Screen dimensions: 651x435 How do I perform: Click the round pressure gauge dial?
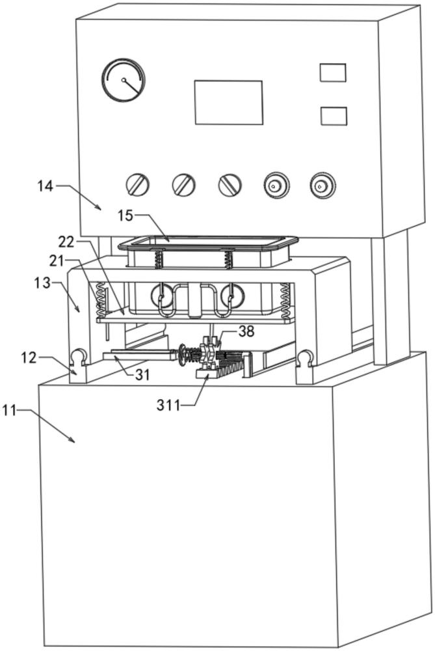(123, 81)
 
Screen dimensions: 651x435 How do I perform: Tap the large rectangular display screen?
(228, 102)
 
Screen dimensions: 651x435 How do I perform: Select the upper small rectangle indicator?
(332, 72)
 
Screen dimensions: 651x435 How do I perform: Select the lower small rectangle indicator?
(334, 116)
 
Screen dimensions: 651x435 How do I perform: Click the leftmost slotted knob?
(138, 185)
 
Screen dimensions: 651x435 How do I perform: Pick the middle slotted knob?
(184, 185)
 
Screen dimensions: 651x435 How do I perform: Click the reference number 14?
(45, 186)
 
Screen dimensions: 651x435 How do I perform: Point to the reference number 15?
(126, 214)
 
